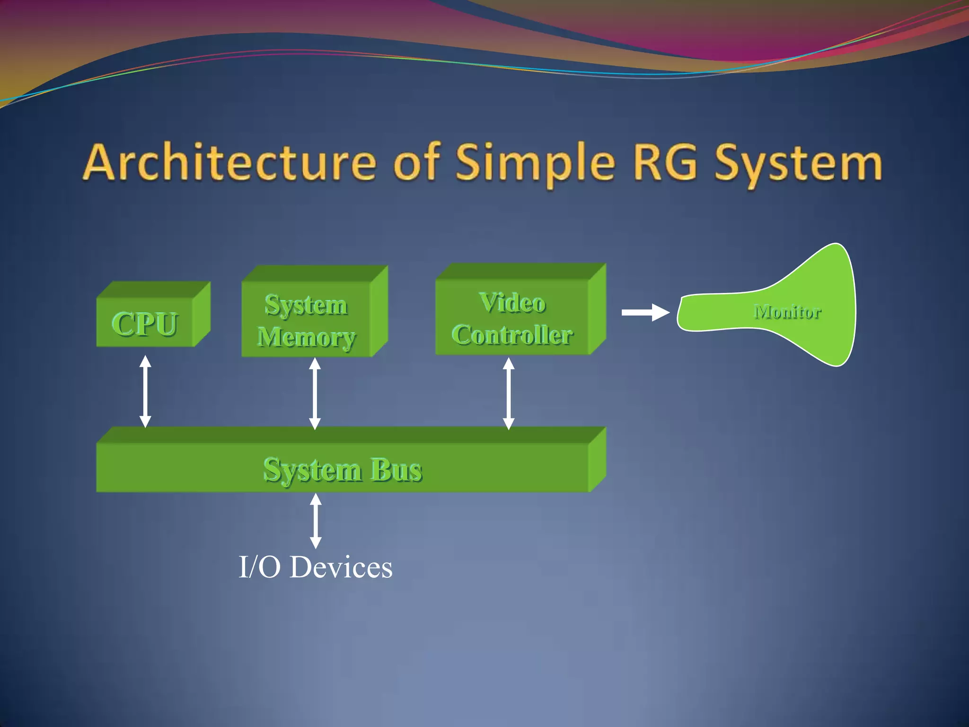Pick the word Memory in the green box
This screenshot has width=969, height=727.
point(306,337)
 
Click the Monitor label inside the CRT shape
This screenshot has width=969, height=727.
point(787,312)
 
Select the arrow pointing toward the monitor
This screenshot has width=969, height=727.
point(645,312)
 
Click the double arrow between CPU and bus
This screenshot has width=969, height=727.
point(145,391)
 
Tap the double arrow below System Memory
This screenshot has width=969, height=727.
point(315,393)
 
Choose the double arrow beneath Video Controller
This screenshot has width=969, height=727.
point(509,393)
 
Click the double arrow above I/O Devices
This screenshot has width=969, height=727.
point(316,521)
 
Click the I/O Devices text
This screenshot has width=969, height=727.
point(316,567)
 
